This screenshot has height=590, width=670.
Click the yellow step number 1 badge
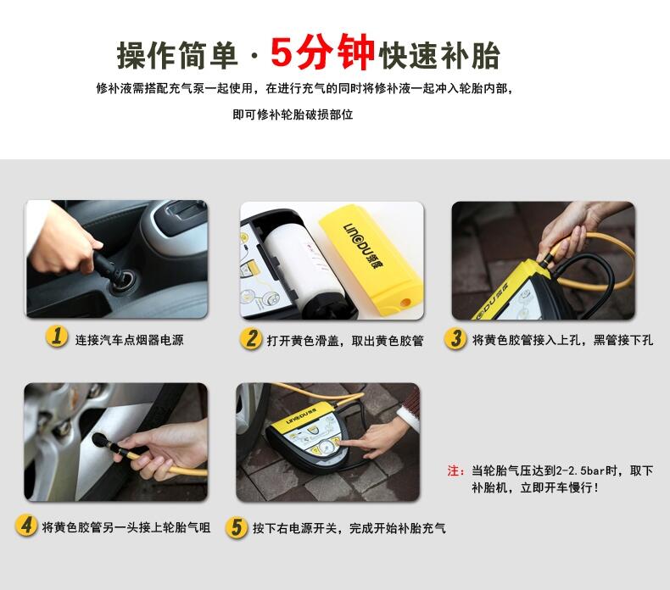click(x=57, y=337)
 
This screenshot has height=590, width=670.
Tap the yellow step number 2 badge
click(x=251, y=338)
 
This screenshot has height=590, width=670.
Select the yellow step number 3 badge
click(x=455, y=338)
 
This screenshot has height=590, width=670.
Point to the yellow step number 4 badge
click(x=26, y=525)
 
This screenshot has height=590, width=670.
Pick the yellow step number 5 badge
click(x=237, y=526)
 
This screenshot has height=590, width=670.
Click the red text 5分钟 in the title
click(x=322, y=52)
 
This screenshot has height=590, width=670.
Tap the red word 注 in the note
click(x=454, y=470)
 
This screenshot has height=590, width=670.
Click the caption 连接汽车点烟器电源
click(x=129, y=340)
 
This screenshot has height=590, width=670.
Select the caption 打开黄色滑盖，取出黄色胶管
click(x=345, y=341)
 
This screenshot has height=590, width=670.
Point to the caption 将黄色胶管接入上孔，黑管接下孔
click(x=562, y=340)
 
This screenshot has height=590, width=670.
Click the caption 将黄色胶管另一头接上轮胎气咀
click(x=126, y=527)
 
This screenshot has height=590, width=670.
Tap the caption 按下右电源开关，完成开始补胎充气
click(x=349, y=528)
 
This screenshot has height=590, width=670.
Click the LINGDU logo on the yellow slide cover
click(x=363, y=245)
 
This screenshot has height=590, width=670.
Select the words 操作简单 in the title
click(x=177, y=56)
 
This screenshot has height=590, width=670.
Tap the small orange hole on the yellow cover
click(x=405, y=303)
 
